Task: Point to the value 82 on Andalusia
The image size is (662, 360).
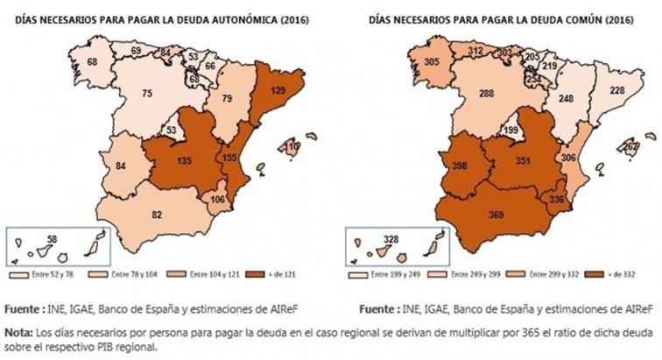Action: (x=157, y=214)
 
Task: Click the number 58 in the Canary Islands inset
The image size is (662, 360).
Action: (x=53, y=238)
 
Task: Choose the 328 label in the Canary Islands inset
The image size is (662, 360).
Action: (x=395, y=239)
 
